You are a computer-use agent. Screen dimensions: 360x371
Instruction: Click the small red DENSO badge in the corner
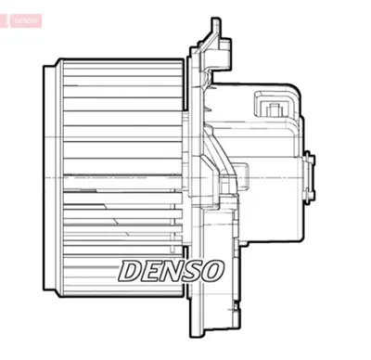click(x=24, y=19)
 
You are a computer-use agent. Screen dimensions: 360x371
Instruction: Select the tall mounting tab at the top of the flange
click(x=214, y=28)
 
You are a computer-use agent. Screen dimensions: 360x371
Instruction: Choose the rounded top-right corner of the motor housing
click(x=299, y=93)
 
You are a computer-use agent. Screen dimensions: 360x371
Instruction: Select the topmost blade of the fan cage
click(x=121, y=65)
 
